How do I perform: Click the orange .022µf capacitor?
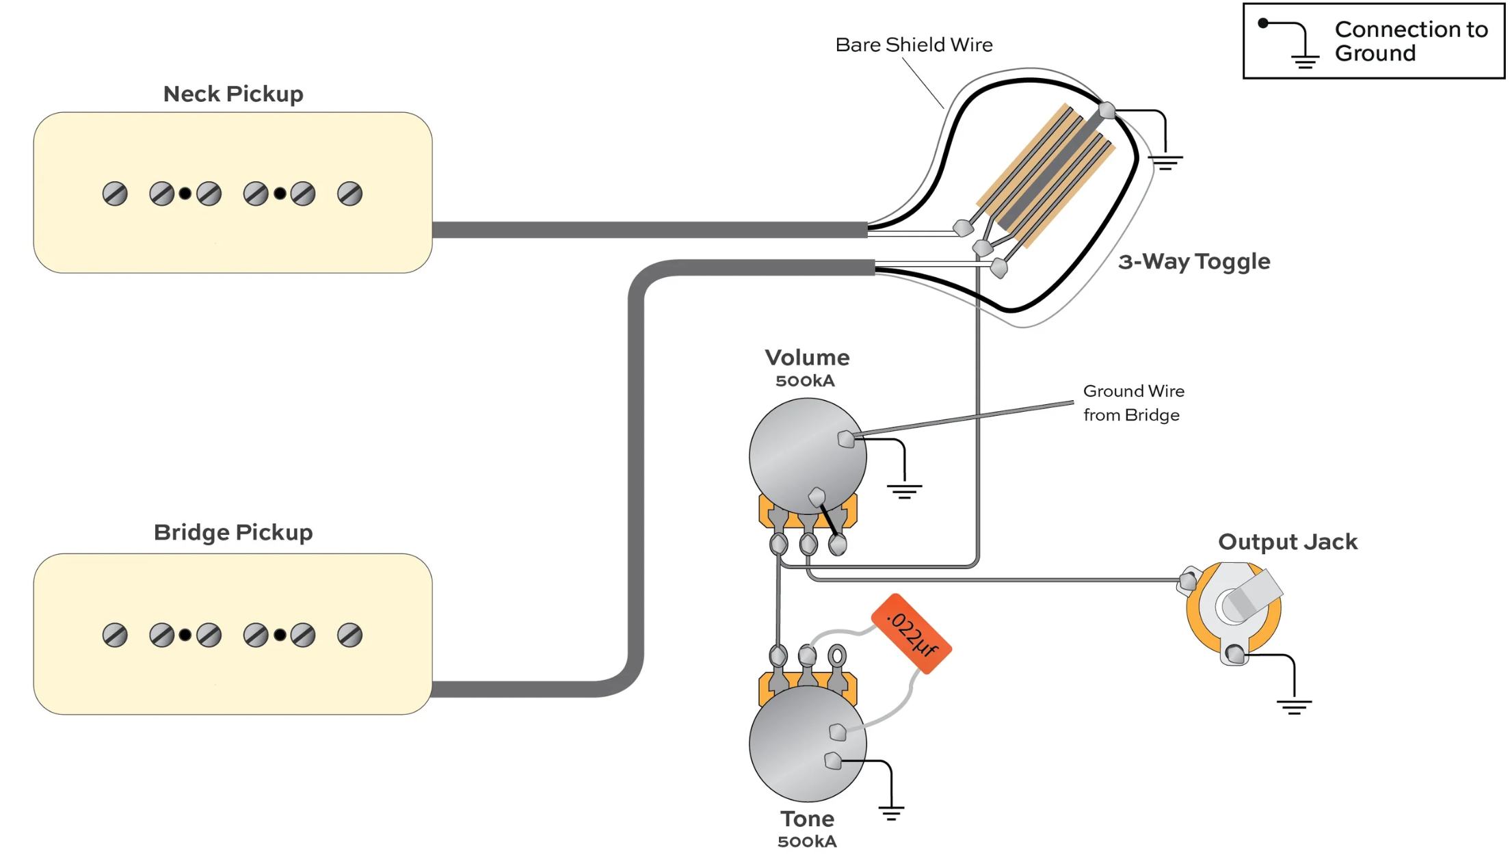point(911,633)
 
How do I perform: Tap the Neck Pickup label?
point(233,94)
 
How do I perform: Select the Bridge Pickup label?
point(233,532)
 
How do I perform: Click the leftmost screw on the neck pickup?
point(115,194)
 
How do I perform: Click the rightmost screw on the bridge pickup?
point(349,635)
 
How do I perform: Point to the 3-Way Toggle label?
point(1194,261)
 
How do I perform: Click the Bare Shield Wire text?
point(914,45)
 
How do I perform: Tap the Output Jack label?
point(1287,542)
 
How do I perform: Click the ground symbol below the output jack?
point(1294,707)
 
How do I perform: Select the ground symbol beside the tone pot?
point(891,813)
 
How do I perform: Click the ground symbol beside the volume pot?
point(904,491)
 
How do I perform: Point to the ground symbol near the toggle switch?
point(1165,163)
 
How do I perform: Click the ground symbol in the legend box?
point(1305,61)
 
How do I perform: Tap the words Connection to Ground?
point(1410,41)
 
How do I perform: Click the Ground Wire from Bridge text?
point(1133,403)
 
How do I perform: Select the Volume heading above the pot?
point(807,358)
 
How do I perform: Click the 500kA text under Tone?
point(807,842)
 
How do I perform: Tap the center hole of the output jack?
point(1235,606)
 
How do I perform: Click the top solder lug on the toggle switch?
point(1107,110)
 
